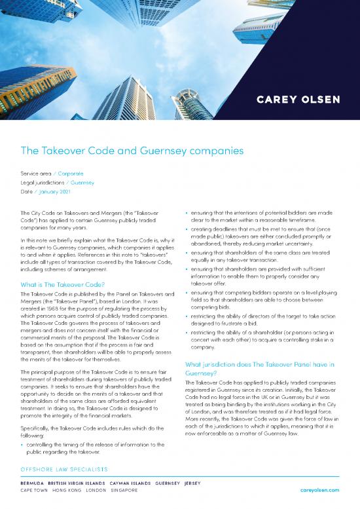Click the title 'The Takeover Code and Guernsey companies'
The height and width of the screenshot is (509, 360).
tap(132, 151)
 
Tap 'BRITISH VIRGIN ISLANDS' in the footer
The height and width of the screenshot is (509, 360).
tap(84, 481)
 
